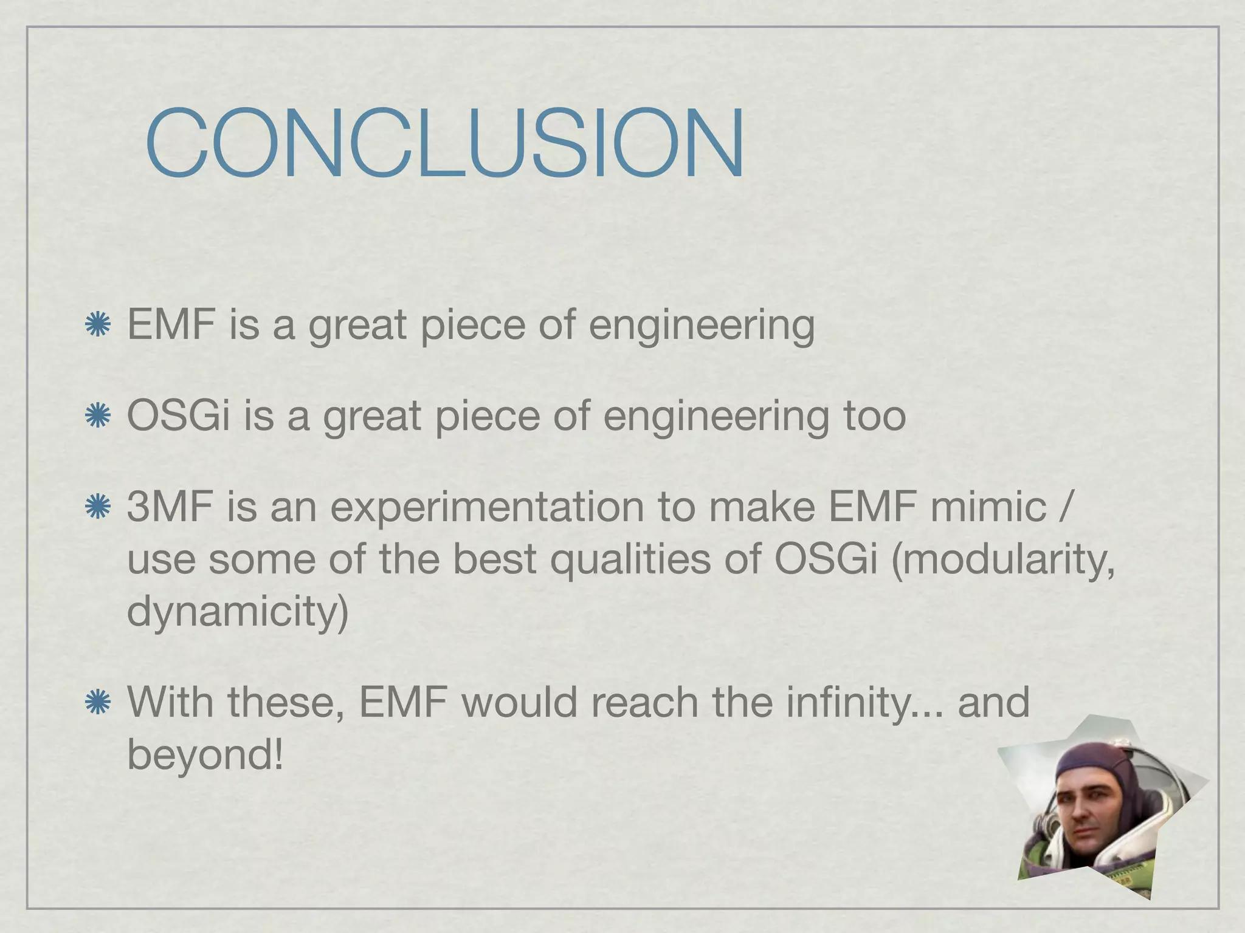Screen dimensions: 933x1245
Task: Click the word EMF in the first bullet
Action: click(x=171, y=324)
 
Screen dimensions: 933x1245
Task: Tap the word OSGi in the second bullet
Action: click(x=178, y=416)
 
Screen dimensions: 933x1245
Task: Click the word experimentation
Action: click(x=486, y=508)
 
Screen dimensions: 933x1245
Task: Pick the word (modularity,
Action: click(x=1002, y=559)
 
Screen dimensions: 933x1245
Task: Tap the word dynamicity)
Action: click(x=238, y=611)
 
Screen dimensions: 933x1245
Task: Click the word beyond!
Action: click(x=205, y=754)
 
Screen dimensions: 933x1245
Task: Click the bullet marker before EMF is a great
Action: click(x=97, y=326)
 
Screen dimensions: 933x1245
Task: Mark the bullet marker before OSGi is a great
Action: click(x=97, y=417)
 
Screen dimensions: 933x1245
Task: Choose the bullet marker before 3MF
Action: click(x=97, y=508)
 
